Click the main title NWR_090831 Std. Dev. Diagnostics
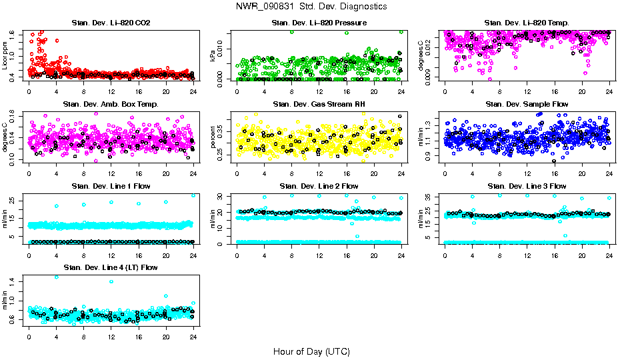click(311, 6)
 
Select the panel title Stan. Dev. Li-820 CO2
click(111, 23)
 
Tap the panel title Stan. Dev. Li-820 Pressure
click(319, 23)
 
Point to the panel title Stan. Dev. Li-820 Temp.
click(527, 23)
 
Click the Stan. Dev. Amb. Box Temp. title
click(111, 105)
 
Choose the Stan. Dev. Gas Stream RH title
click(319, 105)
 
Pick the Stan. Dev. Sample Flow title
click(527, 105)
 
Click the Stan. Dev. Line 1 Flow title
click(111, 186)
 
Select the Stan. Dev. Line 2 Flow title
click(319, 186)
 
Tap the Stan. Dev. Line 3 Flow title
click(527, 186)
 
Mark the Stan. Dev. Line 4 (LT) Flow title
click(111, 267)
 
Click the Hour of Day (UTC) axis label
click(311, 351)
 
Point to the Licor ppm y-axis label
click(5, 55)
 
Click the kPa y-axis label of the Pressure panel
click(213, 55)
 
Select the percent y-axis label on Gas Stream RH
click(213, 136)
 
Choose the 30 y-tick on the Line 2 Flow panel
click(223, 197)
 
